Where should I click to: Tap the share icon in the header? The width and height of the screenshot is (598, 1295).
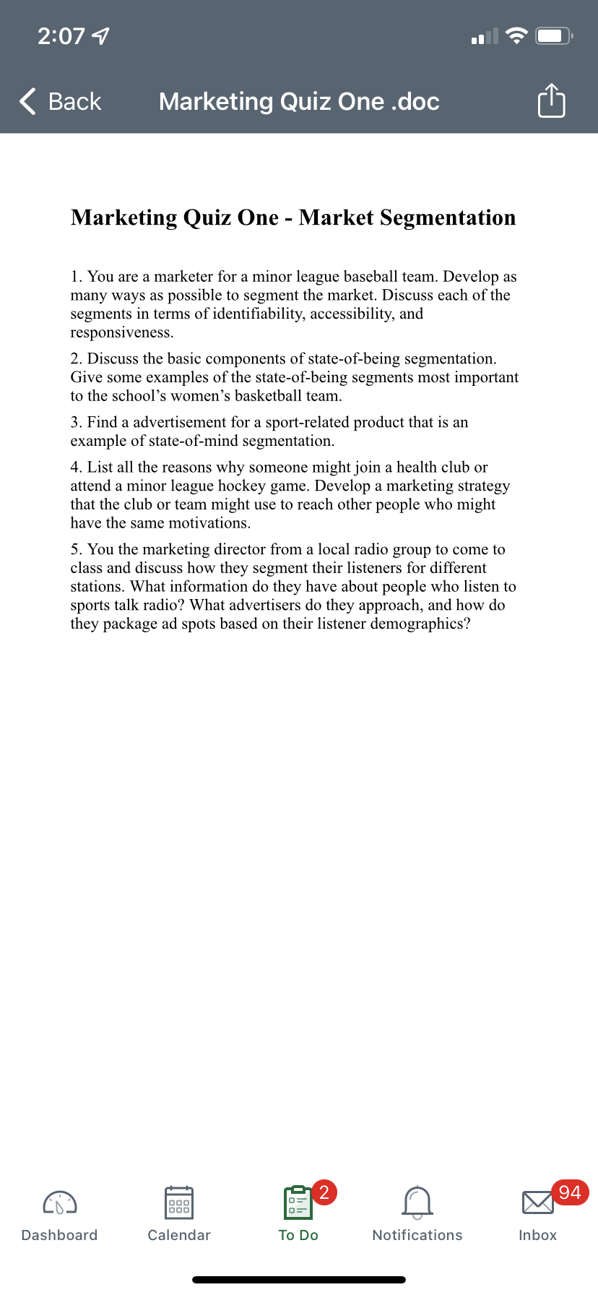(551, 100)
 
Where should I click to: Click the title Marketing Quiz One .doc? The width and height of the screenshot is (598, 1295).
(299, 101)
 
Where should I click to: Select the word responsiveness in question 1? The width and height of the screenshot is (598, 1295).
(121, 333)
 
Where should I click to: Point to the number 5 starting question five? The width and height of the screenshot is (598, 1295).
(75, 549)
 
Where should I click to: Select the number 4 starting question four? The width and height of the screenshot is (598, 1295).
(75, 468)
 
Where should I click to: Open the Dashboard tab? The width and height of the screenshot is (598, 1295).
(59, 1214)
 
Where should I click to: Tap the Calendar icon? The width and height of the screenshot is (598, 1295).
(179, 1202)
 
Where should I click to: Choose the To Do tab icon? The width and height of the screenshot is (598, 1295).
(298, 1202)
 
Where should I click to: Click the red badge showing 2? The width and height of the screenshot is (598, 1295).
(324, 1192)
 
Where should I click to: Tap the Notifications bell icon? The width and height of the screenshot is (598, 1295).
(417, 1202)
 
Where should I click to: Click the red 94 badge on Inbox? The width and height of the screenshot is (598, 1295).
(570, 1192)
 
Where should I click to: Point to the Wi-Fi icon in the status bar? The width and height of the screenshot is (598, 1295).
(516, 35)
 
